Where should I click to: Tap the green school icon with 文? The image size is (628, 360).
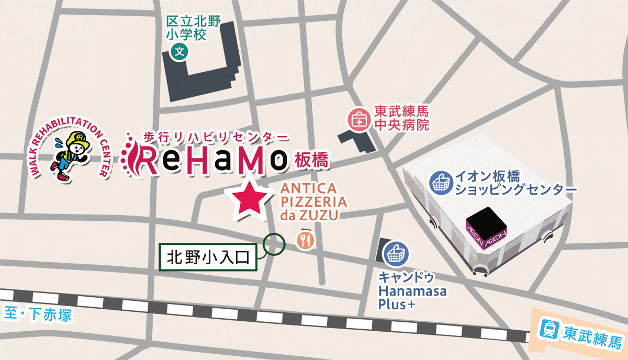pos(180,51)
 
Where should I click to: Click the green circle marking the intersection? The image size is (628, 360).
pos(274,243)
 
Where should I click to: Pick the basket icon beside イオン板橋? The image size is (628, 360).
pos(440,182)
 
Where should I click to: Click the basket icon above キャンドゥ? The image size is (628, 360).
pos(397,254)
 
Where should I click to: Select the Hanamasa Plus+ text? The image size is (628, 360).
pos(412,298)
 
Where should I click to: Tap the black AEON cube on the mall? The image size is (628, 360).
pos(487,222)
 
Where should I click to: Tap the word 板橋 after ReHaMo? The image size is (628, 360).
pos(312,161)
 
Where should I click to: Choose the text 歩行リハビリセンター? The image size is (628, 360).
pos(216,137)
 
